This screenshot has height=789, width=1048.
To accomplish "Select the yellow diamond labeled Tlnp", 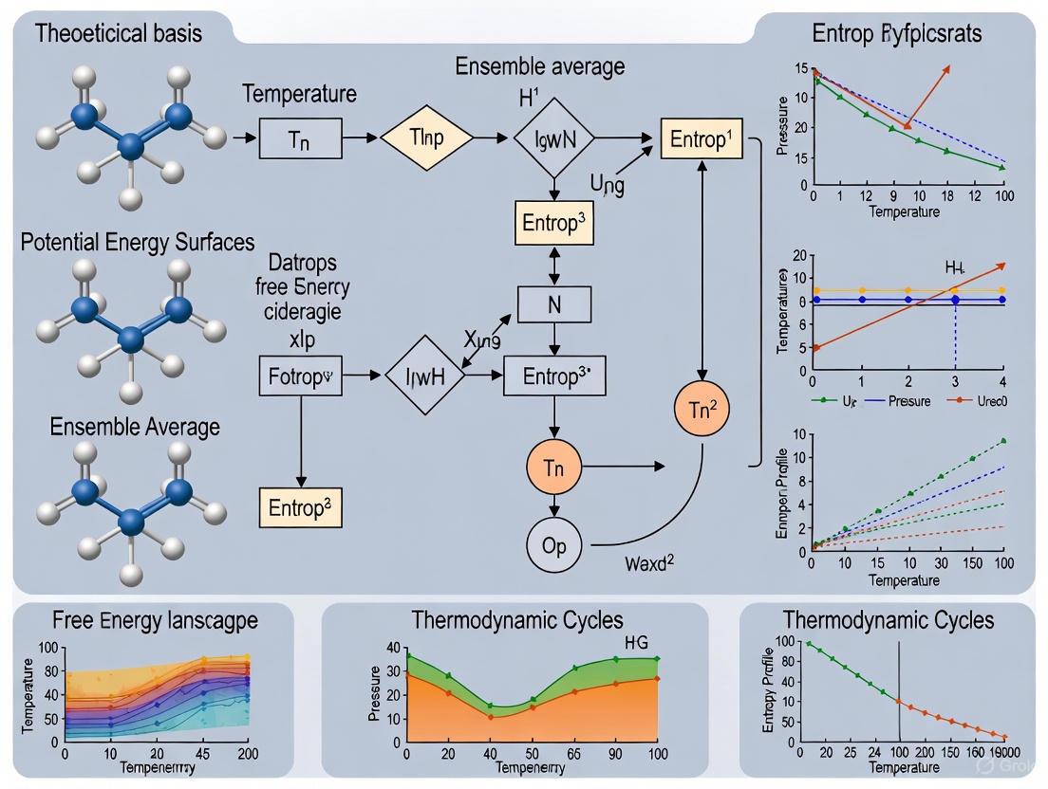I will (x=426, y=138).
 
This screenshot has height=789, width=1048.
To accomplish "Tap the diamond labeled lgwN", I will (x=553, y=139).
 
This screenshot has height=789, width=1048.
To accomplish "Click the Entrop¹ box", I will (x=701, y=138).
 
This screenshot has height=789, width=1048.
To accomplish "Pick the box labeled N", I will (x=553, y=304).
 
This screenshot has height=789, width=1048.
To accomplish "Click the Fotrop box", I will (x=299, y=376).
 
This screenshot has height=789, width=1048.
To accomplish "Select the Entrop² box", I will (x=299, y=507).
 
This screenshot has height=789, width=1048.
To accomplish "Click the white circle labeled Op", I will (x=553, y=546).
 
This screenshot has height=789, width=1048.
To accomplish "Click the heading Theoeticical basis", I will (x=119, y=34).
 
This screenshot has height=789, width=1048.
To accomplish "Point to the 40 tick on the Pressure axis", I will (x=392, y=648).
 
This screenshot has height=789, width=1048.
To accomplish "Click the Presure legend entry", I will (x=910, y=400).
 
